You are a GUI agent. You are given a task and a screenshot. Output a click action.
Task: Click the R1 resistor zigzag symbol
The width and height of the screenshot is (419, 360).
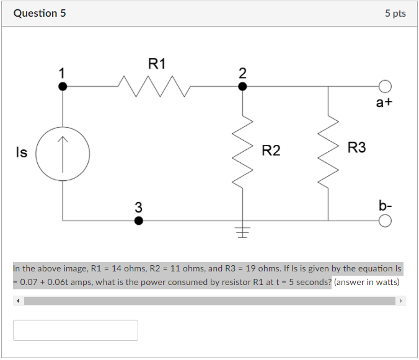(x=154, y=86)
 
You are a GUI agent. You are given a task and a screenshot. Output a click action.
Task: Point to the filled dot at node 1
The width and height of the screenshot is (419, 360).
(x=63, y=87)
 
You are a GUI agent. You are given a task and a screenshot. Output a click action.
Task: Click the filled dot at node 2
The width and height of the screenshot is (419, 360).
(x=242, y=87)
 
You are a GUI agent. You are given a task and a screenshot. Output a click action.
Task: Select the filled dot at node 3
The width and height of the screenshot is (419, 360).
(x=138, y=221)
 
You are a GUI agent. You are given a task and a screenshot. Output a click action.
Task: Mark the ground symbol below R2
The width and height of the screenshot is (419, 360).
(x=242, y=232)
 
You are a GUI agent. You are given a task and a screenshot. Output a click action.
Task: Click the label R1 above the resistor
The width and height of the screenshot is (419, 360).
(x=157, y=64)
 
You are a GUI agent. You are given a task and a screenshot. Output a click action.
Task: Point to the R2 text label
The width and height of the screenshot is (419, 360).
(x=271, y=151)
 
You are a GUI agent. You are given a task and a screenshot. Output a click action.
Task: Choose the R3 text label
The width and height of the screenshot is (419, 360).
(x=357, y=147)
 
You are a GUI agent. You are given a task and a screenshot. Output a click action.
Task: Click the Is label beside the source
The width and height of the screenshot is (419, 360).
(x=22, y=152)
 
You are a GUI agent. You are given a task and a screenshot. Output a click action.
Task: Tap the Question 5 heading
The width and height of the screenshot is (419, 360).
(x=40, y=14)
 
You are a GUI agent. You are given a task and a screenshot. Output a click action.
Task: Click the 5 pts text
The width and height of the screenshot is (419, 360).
(x=395, y=14)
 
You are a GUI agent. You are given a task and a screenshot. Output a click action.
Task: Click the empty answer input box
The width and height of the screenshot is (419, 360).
(x=76, y=330)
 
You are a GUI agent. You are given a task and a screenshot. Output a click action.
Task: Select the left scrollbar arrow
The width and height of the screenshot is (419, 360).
(x=18, y=301)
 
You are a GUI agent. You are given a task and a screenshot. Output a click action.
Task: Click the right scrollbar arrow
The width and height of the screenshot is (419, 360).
(x=401, y=301)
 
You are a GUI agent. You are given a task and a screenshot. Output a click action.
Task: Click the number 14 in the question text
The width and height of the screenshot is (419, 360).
(x=117, y=268)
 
